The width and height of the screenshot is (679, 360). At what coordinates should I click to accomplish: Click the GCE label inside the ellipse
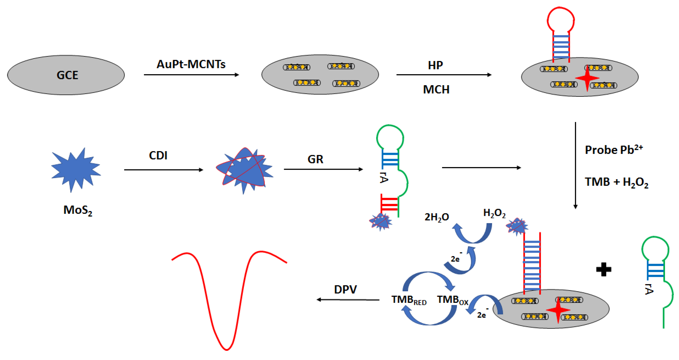pyautogui.click(x=68, y=75)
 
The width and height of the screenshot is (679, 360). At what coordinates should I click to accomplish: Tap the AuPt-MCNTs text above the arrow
pyautogui.click(x=191, y=64)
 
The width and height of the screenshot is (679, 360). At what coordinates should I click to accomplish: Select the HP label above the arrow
pyautogui.click(x=435, y=65)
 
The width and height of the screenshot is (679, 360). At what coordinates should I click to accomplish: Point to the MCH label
pyautogui.click(x=436, y=90)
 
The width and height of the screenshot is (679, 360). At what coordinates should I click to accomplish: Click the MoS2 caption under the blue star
pyautogui.click(x=78, y=210)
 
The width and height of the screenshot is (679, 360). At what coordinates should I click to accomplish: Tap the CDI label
pyautogui.click(x=158, y=156)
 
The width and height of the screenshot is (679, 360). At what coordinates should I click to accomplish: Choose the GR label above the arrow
pyautogui.click(x=315, y=159)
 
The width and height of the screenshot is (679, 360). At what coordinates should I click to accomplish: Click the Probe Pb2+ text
pyautogui.click(x=614, y=150)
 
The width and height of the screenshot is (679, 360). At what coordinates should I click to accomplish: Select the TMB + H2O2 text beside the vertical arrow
pyautogui.click(x=616, y=182)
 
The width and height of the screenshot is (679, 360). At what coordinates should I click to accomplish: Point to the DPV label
pyautogui.click(x=345, y=289)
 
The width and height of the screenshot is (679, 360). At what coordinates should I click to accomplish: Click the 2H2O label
pyautogui.click(x=437, y=217)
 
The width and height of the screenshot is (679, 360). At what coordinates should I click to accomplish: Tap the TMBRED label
pyautogui.click(x=409, y=300)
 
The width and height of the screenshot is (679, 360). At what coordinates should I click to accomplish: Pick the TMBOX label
pyautogui.click(x=453, y=300)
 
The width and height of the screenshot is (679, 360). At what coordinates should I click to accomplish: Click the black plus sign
pyautogui.click(x=604, y=269)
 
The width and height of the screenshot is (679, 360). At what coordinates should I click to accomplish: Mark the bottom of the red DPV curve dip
pyautogui.click(x=227, y=349)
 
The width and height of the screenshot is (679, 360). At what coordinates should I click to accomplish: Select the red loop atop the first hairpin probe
pyautogui.click(x=561, y=20)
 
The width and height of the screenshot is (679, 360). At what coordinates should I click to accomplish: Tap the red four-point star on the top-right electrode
pyautogui.click(x=587, y=78)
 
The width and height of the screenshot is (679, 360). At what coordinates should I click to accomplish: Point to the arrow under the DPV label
pyautogui.click(x=348, y=300)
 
